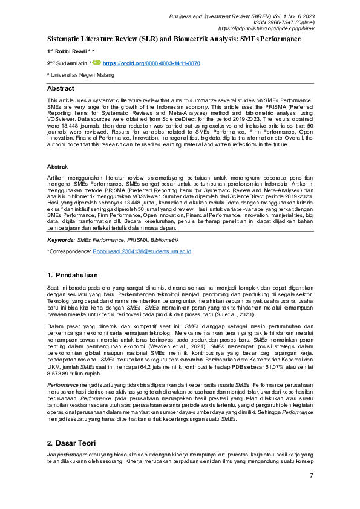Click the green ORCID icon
96,62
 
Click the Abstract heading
61,88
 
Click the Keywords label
61,240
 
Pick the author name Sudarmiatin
73,63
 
